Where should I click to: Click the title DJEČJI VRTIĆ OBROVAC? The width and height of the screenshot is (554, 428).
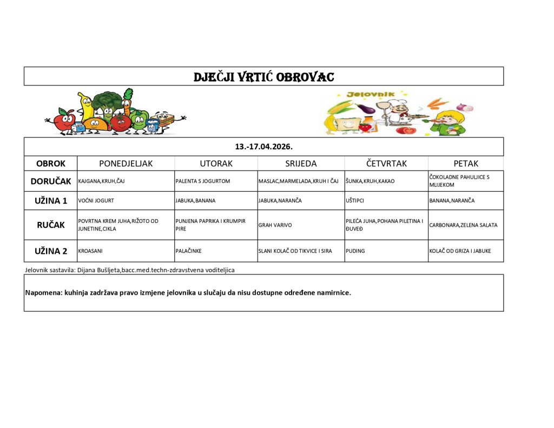[263, 76]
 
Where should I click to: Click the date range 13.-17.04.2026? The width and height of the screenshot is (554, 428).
[263, 147]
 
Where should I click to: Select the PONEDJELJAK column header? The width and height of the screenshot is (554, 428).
[126, 163]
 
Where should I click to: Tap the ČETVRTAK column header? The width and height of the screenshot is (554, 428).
[386, 163]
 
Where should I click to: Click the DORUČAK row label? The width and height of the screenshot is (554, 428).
[51, 181]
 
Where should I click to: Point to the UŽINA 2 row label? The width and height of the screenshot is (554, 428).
[51, 251]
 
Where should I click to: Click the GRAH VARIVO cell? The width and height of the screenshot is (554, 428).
[273, 225]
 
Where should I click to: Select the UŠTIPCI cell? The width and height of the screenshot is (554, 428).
[354, 201]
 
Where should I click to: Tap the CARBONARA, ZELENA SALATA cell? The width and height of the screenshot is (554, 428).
[463, 225]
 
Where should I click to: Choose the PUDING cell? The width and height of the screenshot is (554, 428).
[355, 251]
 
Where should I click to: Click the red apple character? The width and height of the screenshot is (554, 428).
[63, 120]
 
